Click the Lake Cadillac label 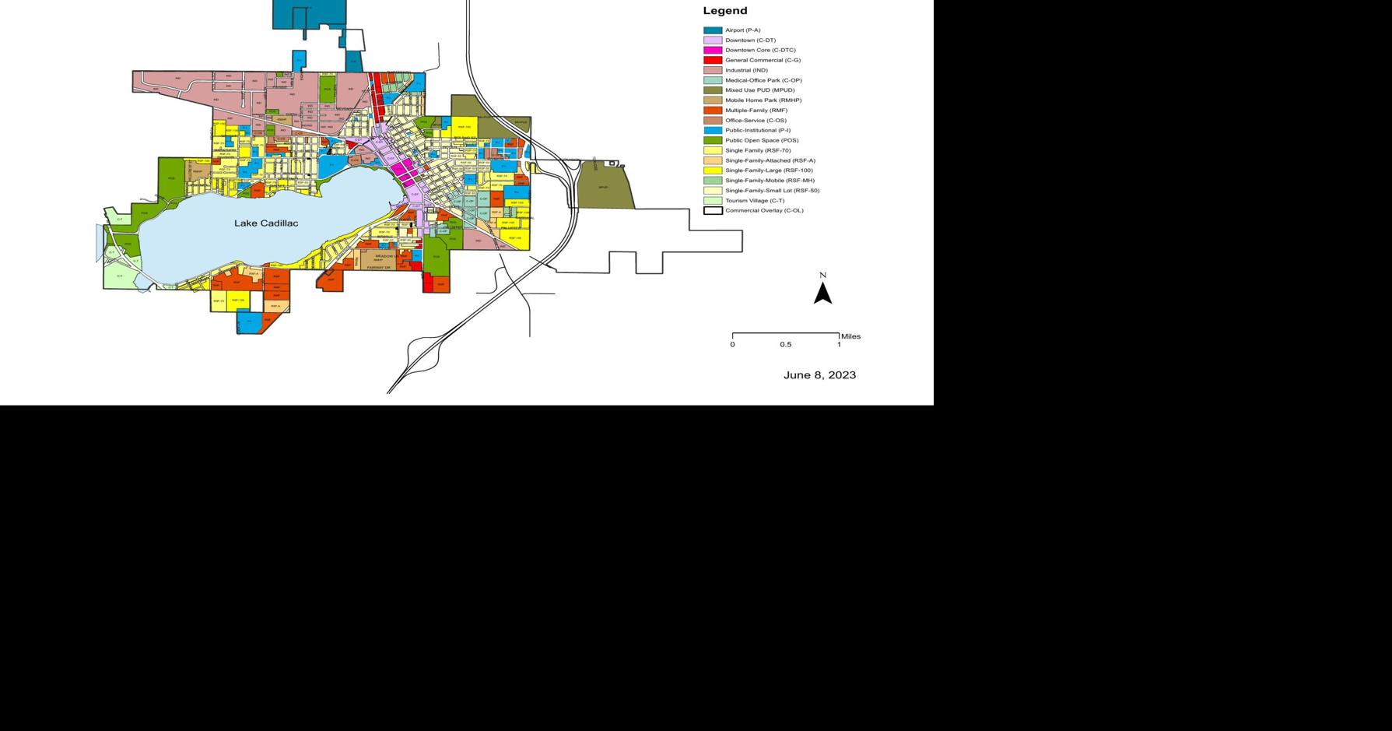(266, 223)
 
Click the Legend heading (724, 11)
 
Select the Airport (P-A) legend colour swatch (713, 30)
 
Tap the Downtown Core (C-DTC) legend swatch (713, 50)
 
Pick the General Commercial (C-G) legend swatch (713, 60)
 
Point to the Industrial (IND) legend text (746, 70)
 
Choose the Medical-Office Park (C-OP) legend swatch (713, 80)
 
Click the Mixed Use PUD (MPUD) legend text (759, 90)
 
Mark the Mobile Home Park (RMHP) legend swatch (713, 100)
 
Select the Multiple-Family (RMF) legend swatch (713, 111)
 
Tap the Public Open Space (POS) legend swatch (713, 140)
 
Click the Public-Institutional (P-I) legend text (757, 130)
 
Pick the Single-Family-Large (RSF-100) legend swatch (713, 170)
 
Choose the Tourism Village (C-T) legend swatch (713, 200)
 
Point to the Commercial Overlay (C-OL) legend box (713, 210)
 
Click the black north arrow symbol (822, 293)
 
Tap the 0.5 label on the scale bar (786, 344)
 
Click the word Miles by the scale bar (850, 336)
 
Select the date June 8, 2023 (819, 375)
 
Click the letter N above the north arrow (822, 275)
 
